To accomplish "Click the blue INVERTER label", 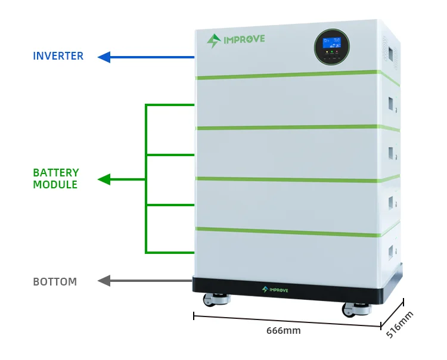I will [x=58, y=57].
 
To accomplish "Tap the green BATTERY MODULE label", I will [x=55, y=179].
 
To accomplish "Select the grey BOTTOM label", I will [x=55, y=281].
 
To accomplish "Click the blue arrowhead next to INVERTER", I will [x=104, y=57].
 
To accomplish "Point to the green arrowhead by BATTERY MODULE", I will [x=104, y=179].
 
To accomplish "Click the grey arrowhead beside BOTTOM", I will [x=104, y=281].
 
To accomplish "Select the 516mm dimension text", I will [x=399, y=325].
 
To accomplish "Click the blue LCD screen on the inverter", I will [x=331, y=43].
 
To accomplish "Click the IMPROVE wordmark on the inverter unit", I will [x=244, y=39].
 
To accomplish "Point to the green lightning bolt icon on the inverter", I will [x=213, y=41].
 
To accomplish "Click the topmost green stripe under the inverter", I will [x=286, y=75].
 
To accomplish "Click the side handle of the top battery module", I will [x=393, y=103].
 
